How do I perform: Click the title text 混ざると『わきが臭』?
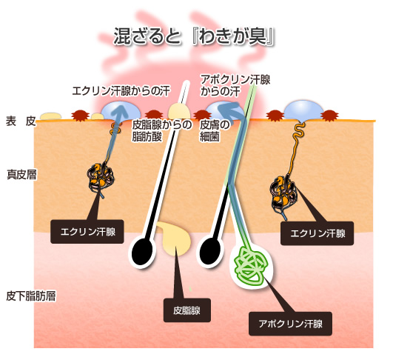[x=194, y=36]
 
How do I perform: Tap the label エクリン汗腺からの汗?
[x=121, y=91]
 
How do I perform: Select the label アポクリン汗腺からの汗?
[x=235, y=85]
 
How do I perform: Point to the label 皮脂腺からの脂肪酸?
[x=162, y=130]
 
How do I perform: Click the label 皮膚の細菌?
[x=215, y=130]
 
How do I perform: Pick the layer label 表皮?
[x=21, y=121]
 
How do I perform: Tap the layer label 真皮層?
[x=21, y=175]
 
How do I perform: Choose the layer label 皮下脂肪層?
[x=31, y=296]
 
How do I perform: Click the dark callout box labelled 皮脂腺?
[x=187, y=310]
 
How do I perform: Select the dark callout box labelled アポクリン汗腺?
[x=290, y=324]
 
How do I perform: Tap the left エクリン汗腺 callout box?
[x=87, y=232]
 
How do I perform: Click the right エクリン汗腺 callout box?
[x=317, y=233]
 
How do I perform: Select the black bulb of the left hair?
[x=141, y=252]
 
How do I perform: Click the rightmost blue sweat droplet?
[x=303, y=111]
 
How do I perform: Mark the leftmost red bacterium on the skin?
[x=81, y=116]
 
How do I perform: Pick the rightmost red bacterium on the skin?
[x=330, y=116]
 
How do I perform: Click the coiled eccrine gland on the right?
[x=283, y=191]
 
